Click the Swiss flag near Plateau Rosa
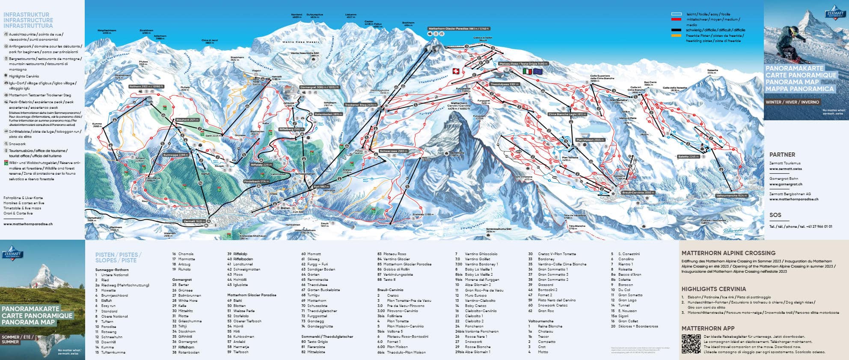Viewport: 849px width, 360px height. tap(456, 71)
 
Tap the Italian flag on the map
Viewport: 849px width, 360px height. tap(527, 71)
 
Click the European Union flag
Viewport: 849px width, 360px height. tap(537, 71)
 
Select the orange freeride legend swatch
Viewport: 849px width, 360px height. tap(676, 36)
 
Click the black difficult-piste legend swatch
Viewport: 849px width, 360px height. tap(676, 30)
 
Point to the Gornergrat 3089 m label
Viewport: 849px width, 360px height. tap(320, 87)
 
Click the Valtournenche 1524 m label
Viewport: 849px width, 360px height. tap(731, 196)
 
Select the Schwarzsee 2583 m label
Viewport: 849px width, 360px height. tap(394, 151)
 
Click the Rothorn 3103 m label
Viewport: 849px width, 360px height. tap(147, 86)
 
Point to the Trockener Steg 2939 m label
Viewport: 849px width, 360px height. tap(361, 105)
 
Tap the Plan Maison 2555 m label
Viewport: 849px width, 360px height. tap(590, 140)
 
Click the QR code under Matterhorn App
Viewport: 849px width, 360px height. tap(691, 344)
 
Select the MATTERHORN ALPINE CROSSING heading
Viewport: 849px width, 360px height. tap(728, 253)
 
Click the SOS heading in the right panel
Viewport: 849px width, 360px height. tap(775, 215)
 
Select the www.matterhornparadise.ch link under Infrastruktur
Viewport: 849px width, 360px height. tap(28, 224)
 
